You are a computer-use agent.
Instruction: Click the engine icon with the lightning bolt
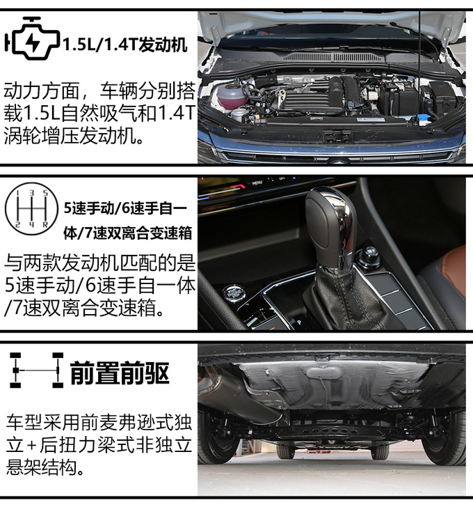[32, 39]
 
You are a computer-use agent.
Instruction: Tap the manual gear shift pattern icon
[31, 208]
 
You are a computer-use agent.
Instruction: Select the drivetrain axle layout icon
[36, 370]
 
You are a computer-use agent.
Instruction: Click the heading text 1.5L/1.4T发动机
[125, 45]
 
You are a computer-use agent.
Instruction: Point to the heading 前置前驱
[120, 373]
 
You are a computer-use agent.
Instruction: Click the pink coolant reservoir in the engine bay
[229, 96]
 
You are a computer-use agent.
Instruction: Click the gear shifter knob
[330, 226]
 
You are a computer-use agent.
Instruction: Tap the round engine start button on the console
[233, 293]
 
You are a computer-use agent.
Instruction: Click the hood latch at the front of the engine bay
[337, 136]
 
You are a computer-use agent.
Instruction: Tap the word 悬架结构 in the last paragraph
[41, 467]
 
